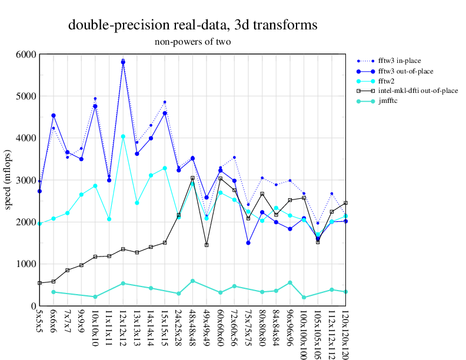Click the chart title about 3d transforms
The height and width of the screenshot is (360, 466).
[x=193, y=25]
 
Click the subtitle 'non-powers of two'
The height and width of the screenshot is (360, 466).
[x=192, y=42]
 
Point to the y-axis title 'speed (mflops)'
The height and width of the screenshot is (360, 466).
[x=8, y=180]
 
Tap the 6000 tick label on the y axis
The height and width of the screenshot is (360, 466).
[x=25, y=54]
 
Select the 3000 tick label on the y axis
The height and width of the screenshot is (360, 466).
[x=25, y=180]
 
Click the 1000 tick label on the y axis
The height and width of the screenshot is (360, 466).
[x=25, y=264]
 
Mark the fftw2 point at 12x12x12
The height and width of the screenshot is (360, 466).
[x=123, y=136]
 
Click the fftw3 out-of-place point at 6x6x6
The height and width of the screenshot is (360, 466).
[x=54, y=115]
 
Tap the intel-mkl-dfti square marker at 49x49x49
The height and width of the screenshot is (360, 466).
[x=207, y=245]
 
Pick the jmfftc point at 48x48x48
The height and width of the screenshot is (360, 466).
[x=192, y=281]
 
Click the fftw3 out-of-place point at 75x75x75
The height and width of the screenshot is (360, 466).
[x=248, y=242]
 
